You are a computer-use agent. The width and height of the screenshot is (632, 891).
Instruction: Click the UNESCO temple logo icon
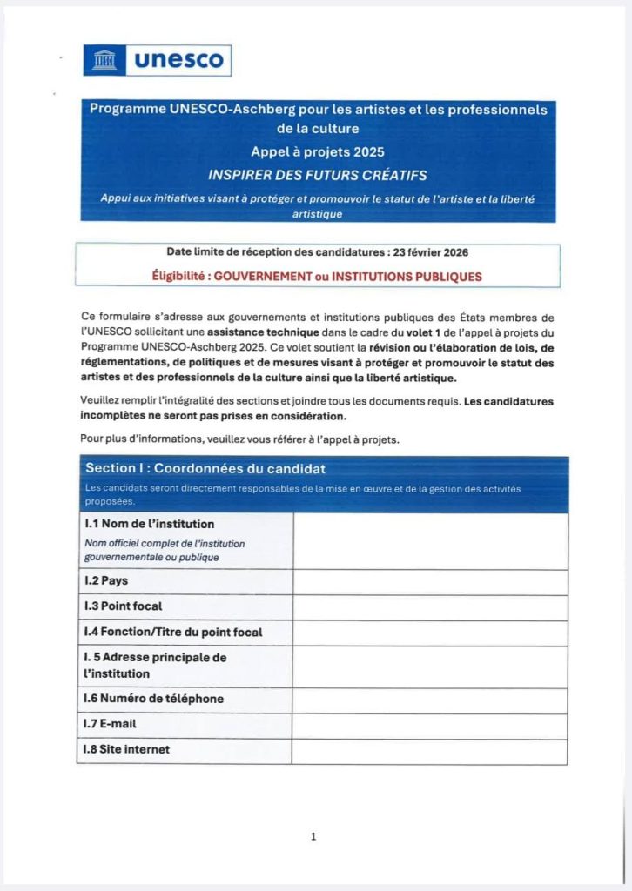(105, 60)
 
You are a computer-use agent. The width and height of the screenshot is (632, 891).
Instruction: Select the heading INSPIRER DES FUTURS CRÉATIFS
(318, 175)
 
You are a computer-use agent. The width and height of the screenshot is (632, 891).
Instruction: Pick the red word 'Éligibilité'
(180, 277)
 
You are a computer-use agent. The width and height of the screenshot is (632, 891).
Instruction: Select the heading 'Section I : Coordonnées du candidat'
(205, 468)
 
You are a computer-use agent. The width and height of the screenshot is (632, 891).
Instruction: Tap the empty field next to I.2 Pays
(430, 581)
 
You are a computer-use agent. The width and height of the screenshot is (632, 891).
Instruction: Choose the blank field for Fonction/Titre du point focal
(430, 633)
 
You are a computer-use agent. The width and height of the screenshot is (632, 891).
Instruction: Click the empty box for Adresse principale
(430, 666)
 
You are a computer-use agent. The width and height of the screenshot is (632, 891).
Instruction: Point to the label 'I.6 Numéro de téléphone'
(153, 699)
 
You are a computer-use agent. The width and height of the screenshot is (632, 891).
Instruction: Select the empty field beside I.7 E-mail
(430, 725)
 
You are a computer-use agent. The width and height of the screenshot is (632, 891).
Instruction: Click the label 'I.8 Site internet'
(126, 749)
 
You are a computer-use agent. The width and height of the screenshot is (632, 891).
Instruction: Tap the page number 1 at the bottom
(313, 836)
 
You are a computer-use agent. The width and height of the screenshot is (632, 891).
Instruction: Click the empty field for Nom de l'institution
(430, 540)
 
